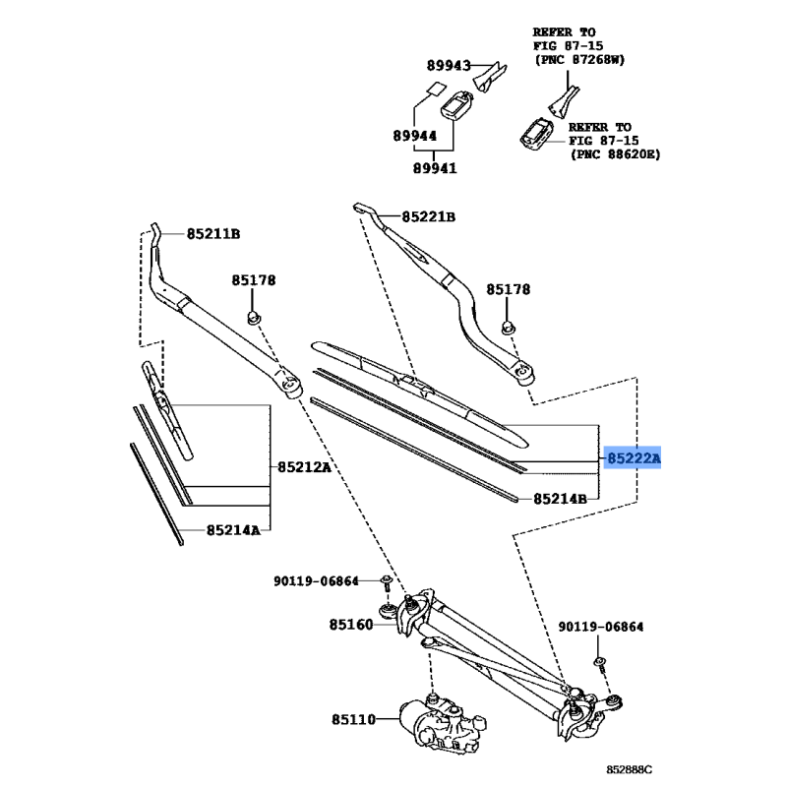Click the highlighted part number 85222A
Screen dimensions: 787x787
pyautogui.click(x=634, y=459)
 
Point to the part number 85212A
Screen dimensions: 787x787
pyautogui.click(x=302, y=466)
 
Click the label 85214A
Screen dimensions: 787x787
pyautogui.click(x=233, y=530)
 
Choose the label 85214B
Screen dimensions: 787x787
pyautogui.click(x=560, y=499)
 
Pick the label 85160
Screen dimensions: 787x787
pyautogui.click(x=351, y=624)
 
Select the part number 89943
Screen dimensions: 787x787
pyautogui.click(x=448, y=66)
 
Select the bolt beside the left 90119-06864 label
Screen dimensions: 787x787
pyautogui.click(x=387, y=584)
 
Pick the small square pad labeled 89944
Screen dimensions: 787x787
pyautogui.click(x=432, y=89)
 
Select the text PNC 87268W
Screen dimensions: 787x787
pyautogui.click(x=581, y=60)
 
